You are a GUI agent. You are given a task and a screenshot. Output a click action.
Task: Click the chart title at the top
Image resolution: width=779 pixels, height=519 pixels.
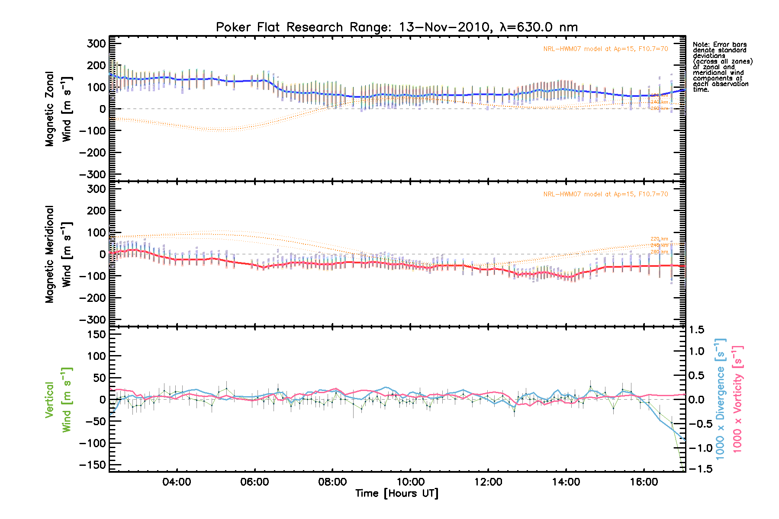pos(397,27)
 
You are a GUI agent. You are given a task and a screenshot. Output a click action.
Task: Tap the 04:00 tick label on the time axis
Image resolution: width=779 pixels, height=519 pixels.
pos(177,482)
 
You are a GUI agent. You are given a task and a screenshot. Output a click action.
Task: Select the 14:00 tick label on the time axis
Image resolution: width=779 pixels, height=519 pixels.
pos(566,482)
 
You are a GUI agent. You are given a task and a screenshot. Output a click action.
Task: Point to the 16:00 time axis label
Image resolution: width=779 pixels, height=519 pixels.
pos(644,482)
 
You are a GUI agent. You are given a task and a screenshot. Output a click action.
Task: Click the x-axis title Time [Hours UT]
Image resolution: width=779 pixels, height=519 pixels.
pos(397,493)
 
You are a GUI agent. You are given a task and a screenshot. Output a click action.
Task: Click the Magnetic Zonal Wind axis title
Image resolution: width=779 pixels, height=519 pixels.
pos(58,109)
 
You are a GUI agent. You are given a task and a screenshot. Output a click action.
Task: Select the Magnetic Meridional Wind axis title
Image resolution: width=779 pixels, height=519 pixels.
pos(58,254)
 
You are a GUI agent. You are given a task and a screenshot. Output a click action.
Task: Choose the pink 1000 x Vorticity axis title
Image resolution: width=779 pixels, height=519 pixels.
pos(737,399)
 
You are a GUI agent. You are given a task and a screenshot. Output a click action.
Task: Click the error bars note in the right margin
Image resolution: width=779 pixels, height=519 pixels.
pos(722,67)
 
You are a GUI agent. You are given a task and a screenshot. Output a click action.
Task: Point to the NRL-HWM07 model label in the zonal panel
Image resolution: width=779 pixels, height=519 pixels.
pos(605,49)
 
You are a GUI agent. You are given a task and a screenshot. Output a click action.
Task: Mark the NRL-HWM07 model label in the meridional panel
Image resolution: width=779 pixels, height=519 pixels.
pos(605,194)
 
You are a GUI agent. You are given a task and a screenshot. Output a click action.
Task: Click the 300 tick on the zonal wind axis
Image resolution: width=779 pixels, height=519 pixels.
pos(96,44)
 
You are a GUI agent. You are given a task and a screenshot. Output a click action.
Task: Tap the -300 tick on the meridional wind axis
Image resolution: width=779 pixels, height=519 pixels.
pos(93,320)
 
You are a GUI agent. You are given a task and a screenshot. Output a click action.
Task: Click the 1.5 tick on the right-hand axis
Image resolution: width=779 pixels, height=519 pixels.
pos(696,330)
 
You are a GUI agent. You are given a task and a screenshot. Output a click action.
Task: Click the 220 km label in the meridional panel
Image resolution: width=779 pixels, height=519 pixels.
pos(659,239)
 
